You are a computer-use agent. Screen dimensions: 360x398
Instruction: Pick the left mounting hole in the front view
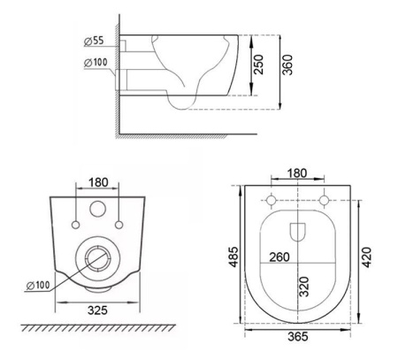click(79, 211)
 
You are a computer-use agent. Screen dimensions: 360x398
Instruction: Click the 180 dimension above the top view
click(298, 172)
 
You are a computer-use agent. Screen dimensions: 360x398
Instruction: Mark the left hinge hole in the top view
click(272, 197)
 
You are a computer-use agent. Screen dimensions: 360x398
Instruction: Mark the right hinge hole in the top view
click(325, 197)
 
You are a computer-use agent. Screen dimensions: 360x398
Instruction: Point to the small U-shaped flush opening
click(298, 232)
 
